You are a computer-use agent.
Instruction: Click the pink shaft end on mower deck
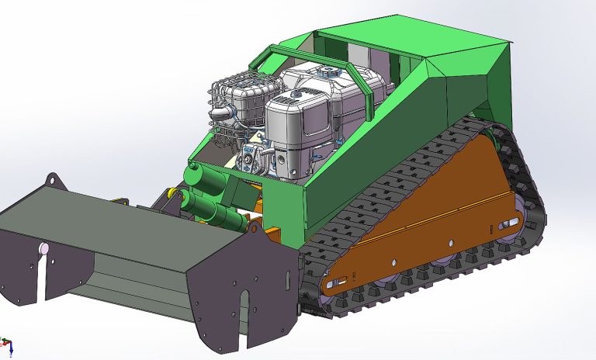pyautogui.click(x=44, y=248)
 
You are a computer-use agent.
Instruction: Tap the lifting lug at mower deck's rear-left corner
pyautogui.click(x=52, y=181)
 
